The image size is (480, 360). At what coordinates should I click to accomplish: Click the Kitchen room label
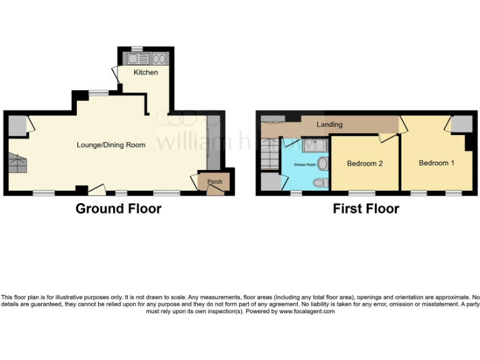coord(146,72)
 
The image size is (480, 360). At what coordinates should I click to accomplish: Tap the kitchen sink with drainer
coord(137,59)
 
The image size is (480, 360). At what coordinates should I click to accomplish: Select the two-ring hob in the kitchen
coord(158,59)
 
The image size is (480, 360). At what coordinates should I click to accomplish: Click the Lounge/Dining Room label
coord(111,145)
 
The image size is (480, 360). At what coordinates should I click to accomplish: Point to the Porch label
coord(214,182)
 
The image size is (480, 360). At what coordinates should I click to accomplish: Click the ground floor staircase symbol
coord(18,164)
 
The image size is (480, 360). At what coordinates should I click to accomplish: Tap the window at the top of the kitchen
coord(137,48)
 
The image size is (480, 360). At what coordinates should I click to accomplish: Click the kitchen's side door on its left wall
coord(115,74)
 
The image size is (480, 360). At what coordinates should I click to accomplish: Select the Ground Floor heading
coord(118,209)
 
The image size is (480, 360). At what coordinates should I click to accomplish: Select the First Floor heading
coord(366,209)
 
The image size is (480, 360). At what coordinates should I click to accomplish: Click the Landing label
coord(329,124)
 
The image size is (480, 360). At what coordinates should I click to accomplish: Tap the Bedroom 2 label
coord(364,164)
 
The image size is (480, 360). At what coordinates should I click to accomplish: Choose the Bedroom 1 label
coord(436,163)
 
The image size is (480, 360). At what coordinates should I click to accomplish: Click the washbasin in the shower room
coord(322,164)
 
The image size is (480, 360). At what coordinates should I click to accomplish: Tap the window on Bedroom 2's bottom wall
coord(362,192)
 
